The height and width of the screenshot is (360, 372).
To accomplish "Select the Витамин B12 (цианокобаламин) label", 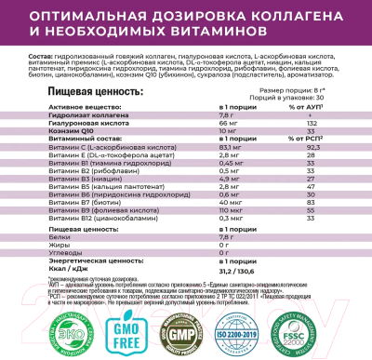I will [65, 218].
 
